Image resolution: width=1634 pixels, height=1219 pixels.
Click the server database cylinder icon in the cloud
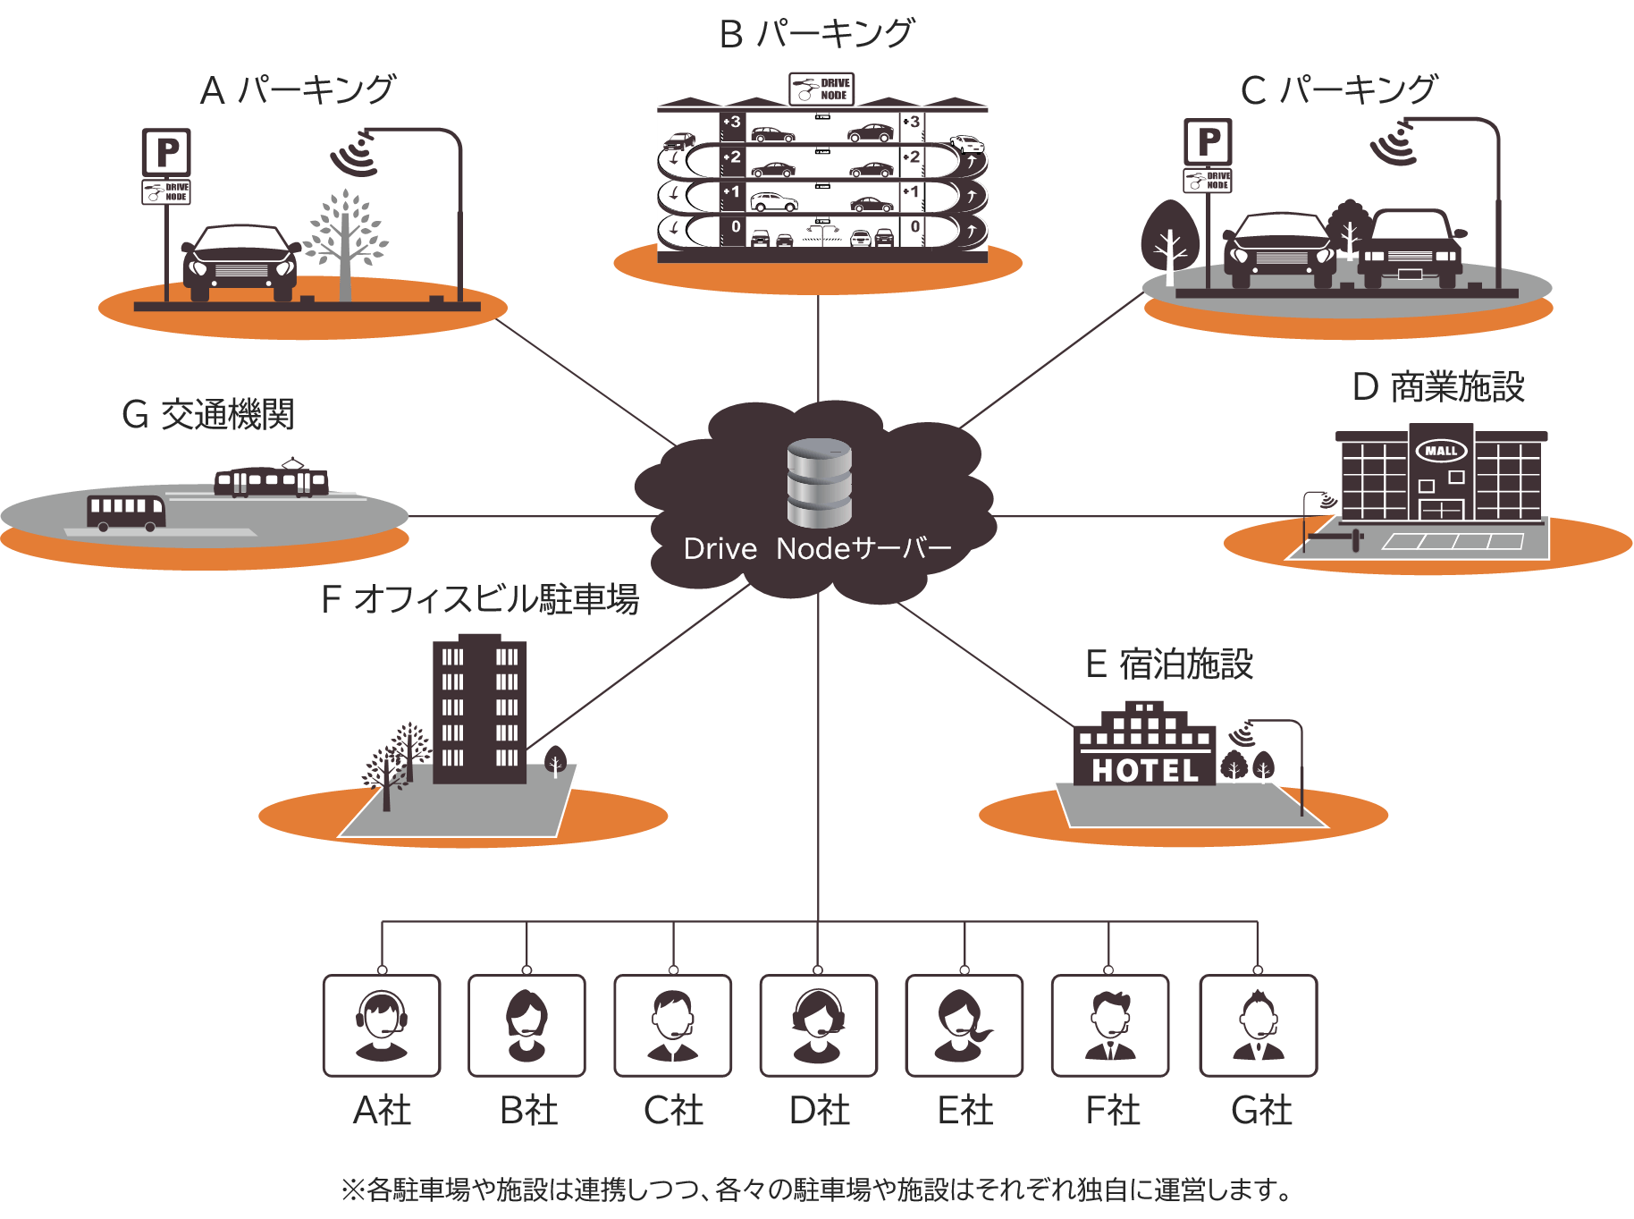(x=819, y=483)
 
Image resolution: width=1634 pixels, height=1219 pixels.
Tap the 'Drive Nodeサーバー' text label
(x=817, y=548)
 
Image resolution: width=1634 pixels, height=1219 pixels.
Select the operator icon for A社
(x=382, y=1026)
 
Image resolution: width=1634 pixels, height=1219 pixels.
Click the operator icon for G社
(x=1258, y=1026)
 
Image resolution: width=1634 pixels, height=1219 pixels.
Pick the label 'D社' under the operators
(x=819, y=1111)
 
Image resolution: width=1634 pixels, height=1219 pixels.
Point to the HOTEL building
(x=1145, y=748)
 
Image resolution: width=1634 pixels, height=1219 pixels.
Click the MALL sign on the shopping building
(x=1441, y=451)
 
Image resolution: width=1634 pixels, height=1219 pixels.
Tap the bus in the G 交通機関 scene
(x=126, y=512)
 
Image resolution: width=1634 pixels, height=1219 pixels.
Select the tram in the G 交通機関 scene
(x=272, y=480)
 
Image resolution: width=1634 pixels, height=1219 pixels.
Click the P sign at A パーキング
(x=166, y=152)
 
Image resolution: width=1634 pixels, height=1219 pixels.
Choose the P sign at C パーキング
(x=1209, y=141)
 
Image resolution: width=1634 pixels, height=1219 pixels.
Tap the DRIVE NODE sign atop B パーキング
(x=821, y=89)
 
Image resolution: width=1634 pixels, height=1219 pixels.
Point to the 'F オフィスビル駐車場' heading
(x=480, y=599)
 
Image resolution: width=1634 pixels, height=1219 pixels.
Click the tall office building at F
(x=479, y=708)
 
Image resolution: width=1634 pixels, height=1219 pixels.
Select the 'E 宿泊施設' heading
(x=1169, y=665)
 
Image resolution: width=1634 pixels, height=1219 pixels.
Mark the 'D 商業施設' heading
(x=1438, y=387)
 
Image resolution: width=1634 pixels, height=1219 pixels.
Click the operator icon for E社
(x=964, y=1026)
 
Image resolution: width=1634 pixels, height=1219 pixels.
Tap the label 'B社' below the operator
(x=528, y=1111)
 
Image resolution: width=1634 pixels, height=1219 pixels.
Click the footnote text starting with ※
(x=817, y=1189)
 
